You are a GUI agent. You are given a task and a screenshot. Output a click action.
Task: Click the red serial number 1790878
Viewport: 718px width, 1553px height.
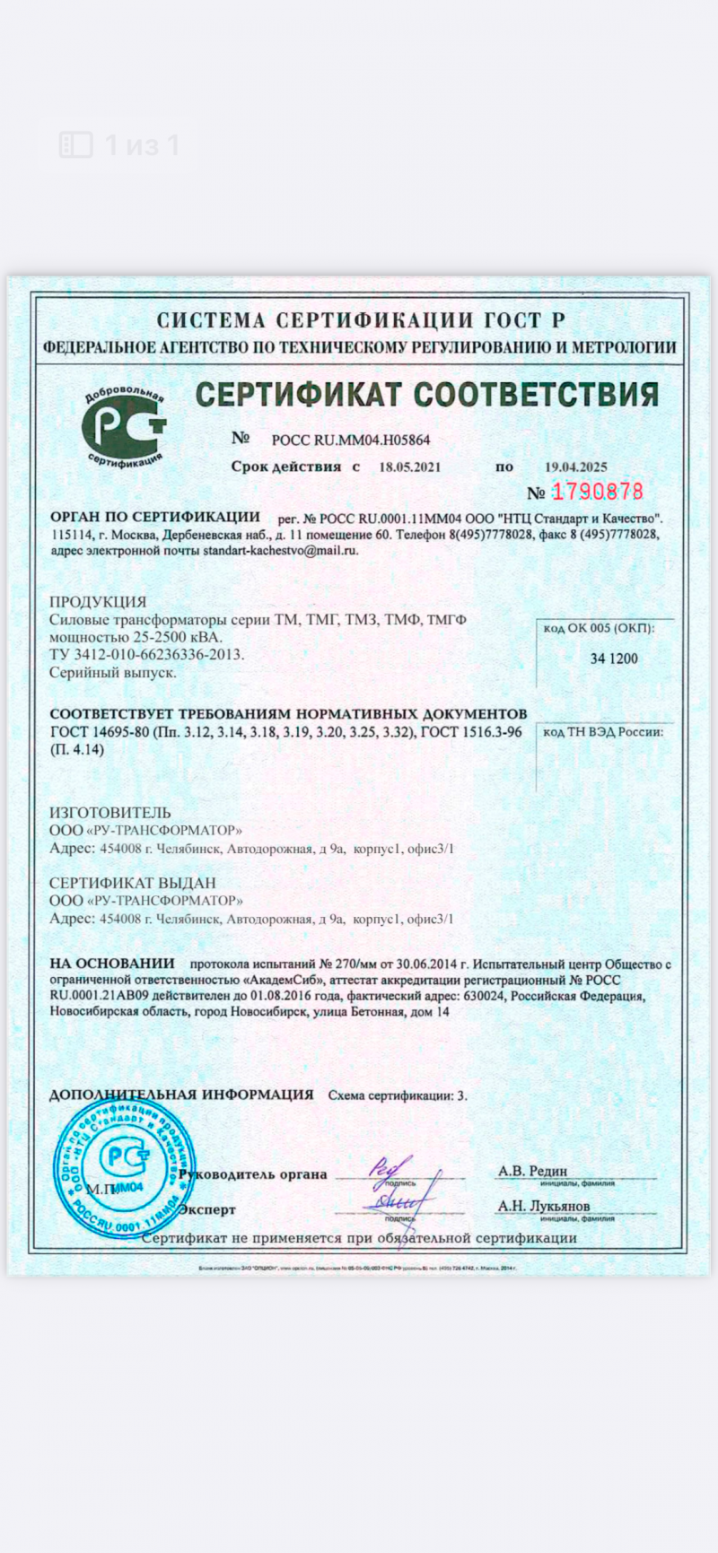coord(597,492)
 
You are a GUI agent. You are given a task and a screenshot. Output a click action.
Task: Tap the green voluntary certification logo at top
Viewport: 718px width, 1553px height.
coord(125,429)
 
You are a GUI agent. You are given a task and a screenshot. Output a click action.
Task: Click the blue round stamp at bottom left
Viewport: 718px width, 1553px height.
coord(125,1166)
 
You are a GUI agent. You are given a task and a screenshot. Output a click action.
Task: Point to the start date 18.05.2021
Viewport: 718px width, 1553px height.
coord(410,467)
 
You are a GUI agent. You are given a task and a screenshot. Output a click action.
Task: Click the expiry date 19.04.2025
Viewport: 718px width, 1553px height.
coord(576,467)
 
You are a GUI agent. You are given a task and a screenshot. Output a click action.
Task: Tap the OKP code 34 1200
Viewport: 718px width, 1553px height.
coord(614,659)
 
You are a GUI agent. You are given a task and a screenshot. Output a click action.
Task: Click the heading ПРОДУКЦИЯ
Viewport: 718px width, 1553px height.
coord(98,601)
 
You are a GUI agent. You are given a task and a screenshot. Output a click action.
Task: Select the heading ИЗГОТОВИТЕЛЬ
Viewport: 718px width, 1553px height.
coord(110,813)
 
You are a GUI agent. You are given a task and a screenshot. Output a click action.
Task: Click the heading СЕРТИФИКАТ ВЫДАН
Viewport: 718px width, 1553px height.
coord(133,883)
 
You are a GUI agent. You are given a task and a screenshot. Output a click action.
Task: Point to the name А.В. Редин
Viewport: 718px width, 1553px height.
coord(533,1171)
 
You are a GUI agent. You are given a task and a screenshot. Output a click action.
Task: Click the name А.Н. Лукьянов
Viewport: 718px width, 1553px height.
coord(544,1206)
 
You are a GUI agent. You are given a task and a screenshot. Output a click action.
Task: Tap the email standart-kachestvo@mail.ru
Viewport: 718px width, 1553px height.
coord(280,550)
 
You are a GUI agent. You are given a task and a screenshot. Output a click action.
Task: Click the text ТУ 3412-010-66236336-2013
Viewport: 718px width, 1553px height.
coord(146,654)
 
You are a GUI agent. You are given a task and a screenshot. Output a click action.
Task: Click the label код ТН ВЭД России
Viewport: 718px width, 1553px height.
coord(603,731)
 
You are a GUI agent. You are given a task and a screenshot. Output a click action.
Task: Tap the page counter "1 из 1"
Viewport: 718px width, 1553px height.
coord(142,144)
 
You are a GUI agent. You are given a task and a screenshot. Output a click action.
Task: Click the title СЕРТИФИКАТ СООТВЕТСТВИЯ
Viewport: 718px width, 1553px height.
coord(427,394)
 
